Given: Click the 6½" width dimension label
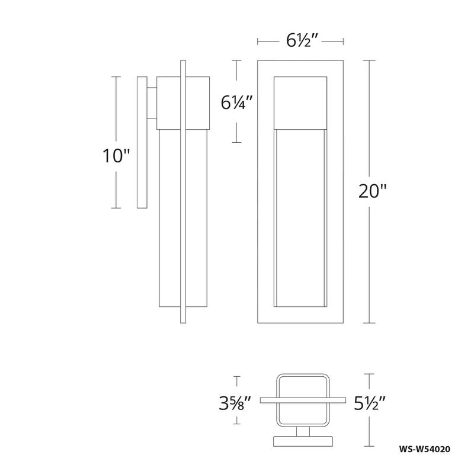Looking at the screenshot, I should coord(300,41).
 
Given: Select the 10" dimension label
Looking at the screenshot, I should coord(115,156).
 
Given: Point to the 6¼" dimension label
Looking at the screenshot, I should coord(237,102).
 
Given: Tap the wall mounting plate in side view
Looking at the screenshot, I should coord(142,142).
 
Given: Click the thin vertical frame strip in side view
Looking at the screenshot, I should coord(183,190).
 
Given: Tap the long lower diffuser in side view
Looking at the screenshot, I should coord(169,219).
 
